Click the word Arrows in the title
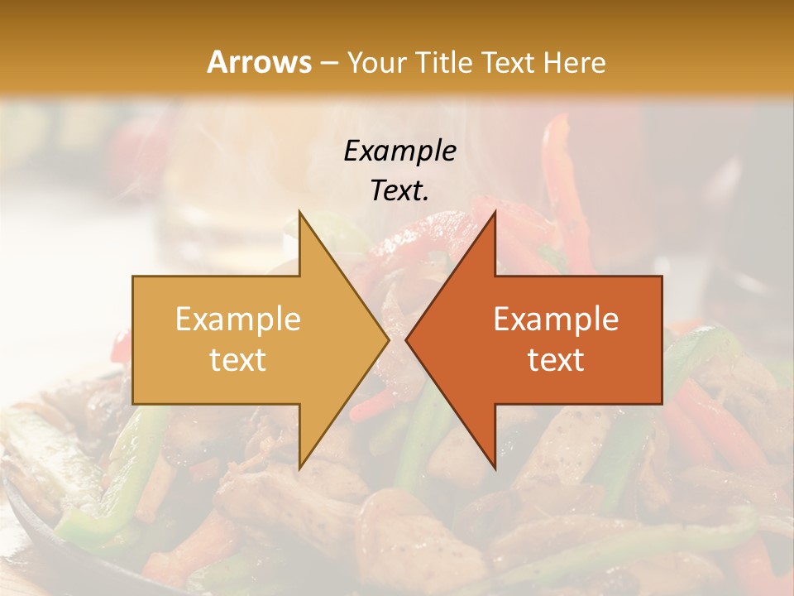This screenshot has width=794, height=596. [260, 62]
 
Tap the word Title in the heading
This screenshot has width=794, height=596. [447, 62]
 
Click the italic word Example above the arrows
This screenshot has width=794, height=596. [399, 151]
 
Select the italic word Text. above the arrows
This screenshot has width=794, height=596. [399, 191]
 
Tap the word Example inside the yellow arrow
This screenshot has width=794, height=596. [238, 320]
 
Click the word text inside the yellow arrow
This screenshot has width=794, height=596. [238, 360]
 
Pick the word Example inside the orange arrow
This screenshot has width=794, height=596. [556, 320]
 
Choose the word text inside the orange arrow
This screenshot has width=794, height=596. [556, 360]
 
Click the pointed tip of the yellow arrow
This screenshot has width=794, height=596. [389, 339]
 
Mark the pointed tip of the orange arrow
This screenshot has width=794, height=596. [406, 339]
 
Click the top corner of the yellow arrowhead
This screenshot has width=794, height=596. [299, 211]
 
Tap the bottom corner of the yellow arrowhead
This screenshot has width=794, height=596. [299, 469]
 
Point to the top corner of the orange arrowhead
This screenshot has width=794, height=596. [495, 211]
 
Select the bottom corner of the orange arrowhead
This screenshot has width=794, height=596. [495, 469]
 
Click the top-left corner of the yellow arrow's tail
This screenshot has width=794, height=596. [133, 276]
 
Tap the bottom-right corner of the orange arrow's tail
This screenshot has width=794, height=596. [662, 403]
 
